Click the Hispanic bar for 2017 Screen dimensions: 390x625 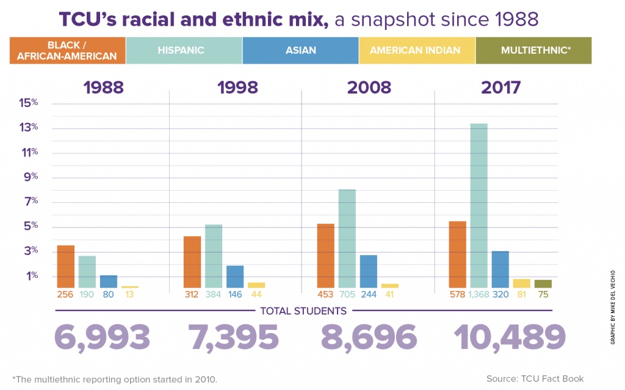click(479, 206)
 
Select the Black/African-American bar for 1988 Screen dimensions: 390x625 click(66, 267)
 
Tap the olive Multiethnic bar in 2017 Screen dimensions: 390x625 click(543, 284)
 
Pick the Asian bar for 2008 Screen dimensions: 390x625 click(369, 271)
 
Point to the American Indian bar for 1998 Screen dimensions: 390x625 click(256, 285)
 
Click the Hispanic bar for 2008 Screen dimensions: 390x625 click(347, 238)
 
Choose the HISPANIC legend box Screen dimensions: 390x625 click(184, 50)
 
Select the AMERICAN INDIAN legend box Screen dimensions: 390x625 click(417, 50)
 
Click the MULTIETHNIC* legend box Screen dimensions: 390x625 click(533, 50)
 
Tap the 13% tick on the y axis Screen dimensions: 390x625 click(30, 128)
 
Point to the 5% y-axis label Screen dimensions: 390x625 click(30, 227)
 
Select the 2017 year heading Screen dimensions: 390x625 click(500, 87)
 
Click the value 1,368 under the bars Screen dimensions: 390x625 click(479, 295)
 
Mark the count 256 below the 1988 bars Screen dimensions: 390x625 click(66, 295)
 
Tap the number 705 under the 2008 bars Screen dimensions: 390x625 click(347, 295)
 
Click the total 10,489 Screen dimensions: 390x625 click(509, 337)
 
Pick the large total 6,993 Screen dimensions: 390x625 click(102, 337)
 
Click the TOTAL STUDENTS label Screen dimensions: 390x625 click(303, 311)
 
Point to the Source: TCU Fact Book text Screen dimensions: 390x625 click(535, 379)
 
